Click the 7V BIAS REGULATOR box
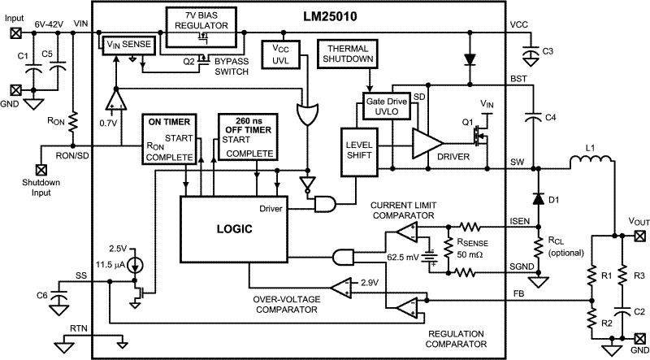coord(203,20)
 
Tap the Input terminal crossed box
coord(15,33)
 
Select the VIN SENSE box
coord(128,45)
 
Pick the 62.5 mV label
coord(400,258)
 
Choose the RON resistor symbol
coord(74,121)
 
